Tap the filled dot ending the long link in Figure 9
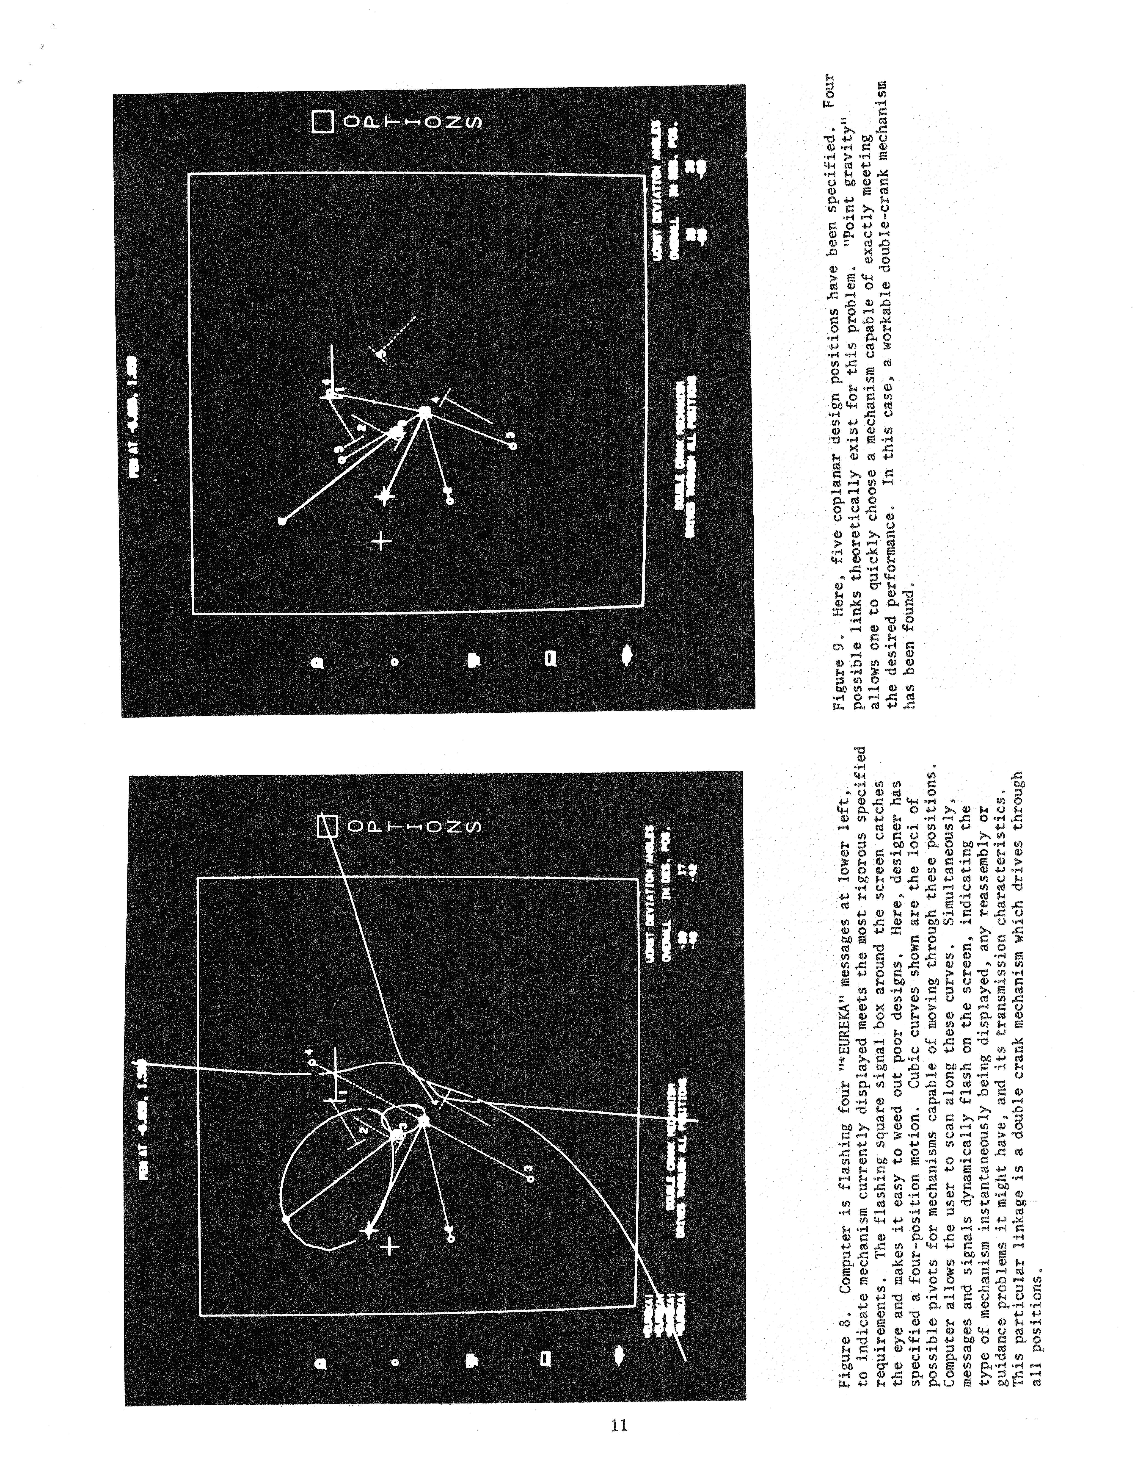(282, 520)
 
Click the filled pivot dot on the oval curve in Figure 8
(286, 1218)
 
